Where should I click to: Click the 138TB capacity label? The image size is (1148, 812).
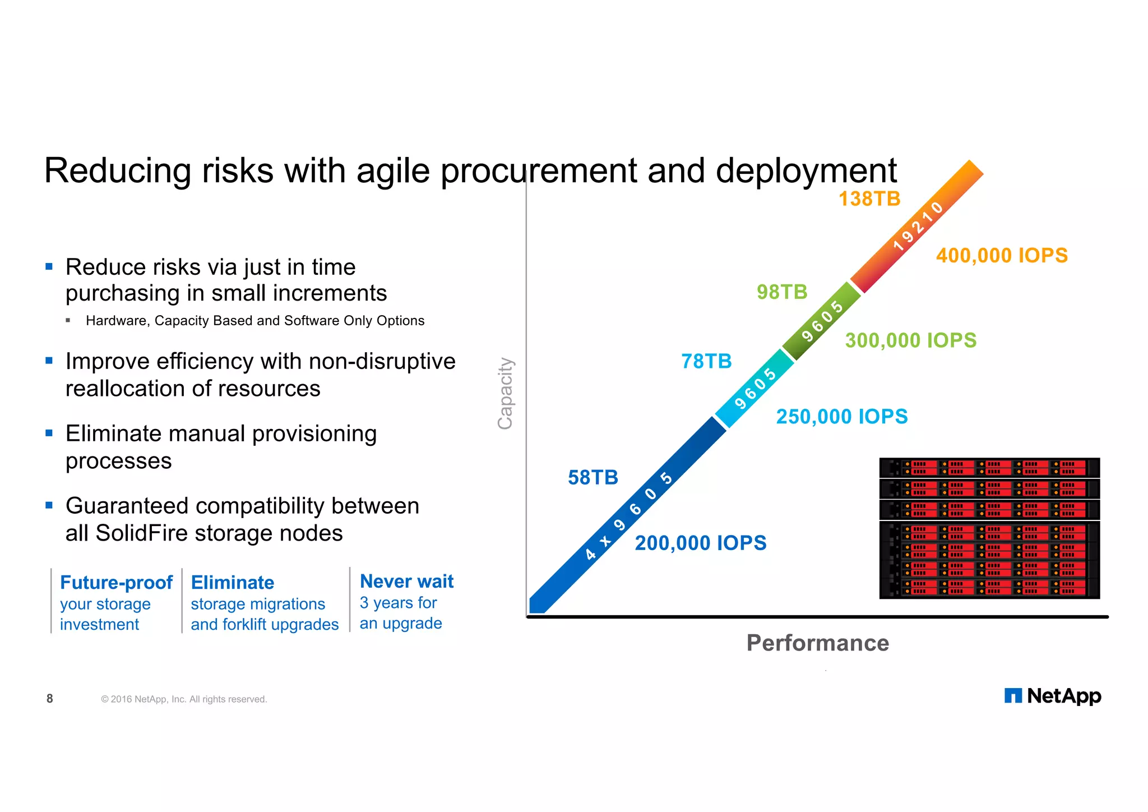coord(869,199)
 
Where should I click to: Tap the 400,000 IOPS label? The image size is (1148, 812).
coord(1002,255)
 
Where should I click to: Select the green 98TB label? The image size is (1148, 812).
coord(782,292)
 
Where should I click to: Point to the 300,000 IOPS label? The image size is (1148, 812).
coord(910,340)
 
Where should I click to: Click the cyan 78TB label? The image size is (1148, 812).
coord(706,361)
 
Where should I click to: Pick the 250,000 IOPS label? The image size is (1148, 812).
coord(841,416)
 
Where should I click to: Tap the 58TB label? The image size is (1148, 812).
coord(592,477)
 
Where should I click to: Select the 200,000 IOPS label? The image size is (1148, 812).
coord(700,543)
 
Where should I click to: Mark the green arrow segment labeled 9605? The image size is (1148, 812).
coord(822,321)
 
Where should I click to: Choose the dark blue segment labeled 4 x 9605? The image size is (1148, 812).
coord(628,516)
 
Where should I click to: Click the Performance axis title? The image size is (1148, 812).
coord(817,643)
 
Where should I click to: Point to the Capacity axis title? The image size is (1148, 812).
coord(505,393)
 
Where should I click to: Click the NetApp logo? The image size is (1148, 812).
coord(1052,696)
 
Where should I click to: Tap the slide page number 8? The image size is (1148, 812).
coord(50,699)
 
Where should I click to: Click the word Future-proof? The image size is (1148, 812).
coord(116,583)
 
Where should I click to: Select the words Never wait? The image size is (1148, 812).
coord(406,582)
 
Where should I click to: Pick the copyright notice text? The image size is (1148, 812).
coord(184,699)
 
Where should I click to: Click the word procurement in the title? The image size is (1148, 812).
coord(538,170)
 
